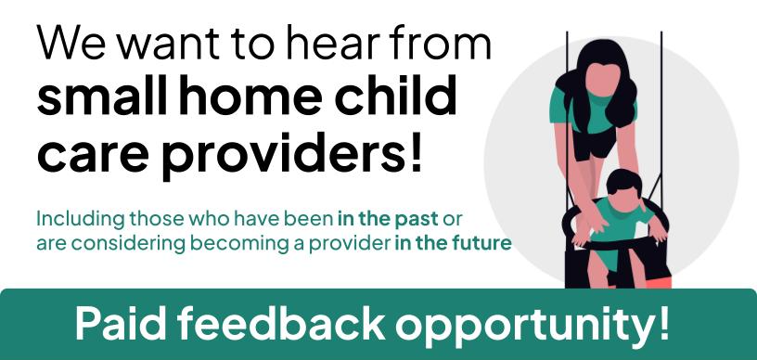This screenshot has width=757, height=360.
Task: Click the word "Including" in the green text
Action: point(81,220)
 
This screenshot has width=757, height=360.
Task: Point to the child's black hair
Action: point(623,184)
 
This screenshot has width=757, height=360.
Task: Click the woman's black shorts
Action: point(594,143)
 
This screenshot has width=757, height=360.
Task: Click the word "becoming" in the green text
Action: point(239,244)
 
